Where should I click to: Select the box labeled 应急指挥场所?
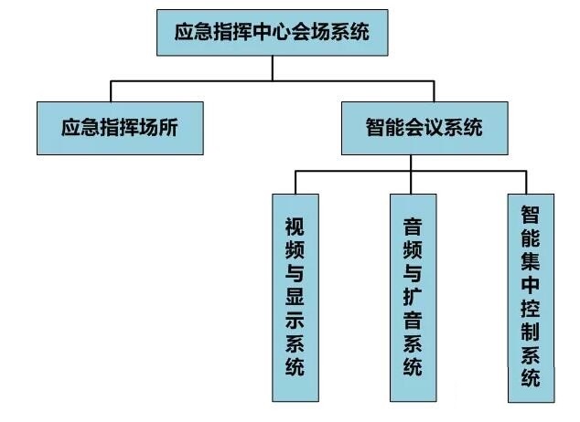click(119, 128)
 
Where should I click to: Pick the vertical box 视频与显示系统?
click(296, 297)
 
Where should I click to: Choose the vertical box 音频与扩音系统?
click(413, 297)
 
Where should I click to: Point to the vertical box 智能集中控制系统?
click(530, 297)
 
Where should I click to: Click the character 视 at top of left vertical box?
click(296, 225)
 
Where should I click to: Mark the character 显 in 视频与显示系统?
click(296, 297)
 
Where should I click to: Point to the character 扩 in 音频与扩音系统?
click(413, 297)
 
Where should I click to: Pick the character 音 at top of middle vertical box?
click(413, 225)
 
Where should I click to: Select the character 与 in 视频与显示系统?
click(296, 272)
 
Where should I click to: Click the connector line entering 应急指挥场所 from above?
click(111, 90)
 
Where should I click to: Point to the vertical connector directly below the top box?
click(272, 69)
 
